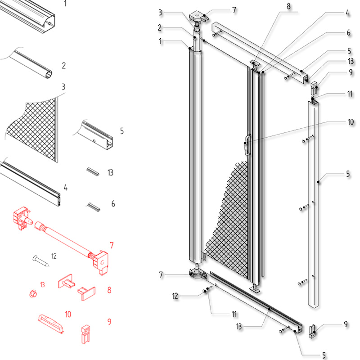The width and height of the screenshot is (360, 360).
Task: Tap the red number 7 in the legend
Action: tap(111, 246)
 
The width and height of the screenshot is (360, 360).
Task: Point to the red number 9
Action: tap(109, 322)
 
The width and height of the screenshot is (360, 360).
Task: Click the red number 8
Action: tap(109, 291)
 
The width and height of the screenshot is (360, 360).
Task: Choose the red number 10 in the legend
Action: tap(68, 314)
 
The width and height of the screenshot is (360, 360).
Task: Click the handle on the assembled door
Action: tap(246, 145)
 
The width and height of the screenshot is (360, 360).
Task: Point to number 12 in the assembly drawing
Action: tap(175, 296)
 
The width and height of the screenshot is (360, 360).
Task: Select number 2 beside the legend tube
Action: tap(63, 66)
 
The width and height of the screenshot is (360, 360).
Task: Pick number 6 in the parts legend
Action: tap(113, 204)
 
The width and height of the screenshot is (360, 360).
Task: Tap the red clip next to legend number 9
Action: tap(85, 334)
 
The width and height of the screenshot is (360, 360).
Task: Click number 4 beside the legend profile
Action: tap(65, 188)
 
